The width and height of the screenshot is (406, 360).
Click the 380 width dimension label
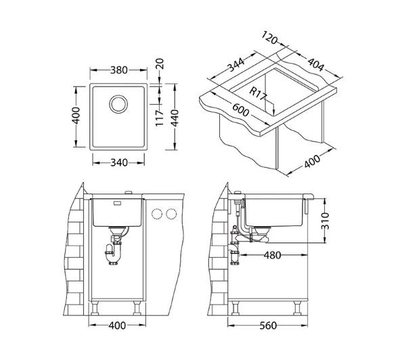[119, 70]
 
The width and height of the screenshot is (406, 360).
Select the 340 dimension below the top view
[119, 162]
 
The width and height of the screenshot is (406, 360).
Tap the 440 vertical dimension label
[175, 118]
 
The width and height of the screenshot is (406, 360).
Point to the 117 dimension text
[160, 118]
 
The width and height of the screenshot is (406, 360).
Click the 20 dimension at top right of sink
[160, 64]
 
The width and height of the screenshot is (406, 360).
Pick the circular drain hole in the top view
[118, 104]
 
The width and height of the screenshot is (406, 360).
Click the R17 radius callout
[258, 93]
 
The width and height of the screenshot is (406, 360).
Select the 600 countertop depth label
[240, 110]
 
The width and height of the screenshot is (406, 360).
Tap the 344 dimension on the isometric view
[236, 65]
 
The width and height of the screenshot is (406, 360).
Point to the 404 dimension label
[315, 64]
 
